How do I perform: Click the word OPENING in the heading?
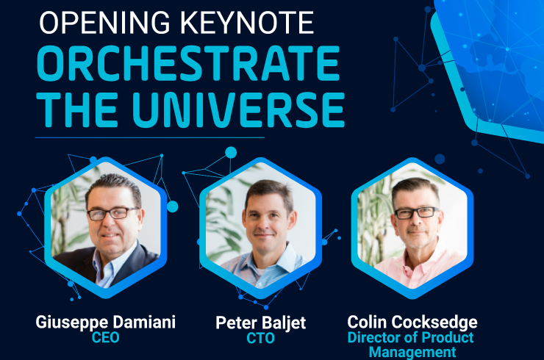pyautogui.click(x=104, y=23)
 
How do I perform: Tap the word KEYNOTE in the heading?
pyautogui.click(x=247, y=23)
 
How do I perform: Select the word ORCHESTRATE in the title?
pyautogui.click(x=187, y=63)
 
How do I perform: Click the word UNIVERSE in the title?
pyautogui.click(x=238, y=109)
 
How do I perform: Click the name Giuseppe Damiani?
pyautogui.click(x=105, y=323)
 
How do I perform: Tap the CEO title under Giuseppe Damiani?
pyautogui.click(x=105, y=337)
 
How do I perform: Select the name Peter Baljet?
pyautogui.click(x=260, y=323)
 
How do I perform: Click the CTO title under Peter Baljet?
pyautogui.click(x=260, y=338)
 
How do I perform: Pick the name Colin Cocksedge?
pyautogui.click(x=412, y=323)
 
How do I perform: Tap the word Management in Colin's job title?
pyautogui.click(x=412, y=352)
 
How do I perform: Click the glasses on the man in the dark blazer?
pyautogui.click(x=113, y=213)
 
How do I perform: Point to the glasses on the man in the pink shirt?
pyautogui.click(x=416, y=212)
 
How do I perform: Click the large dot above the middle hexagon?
pyautogui.click(x=231, y=153)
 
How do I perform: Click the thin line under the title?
pyautogui.click(x=150, y=137)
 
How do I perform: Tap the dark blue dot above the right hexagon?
pyautogui.click(x=440, y=159)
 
